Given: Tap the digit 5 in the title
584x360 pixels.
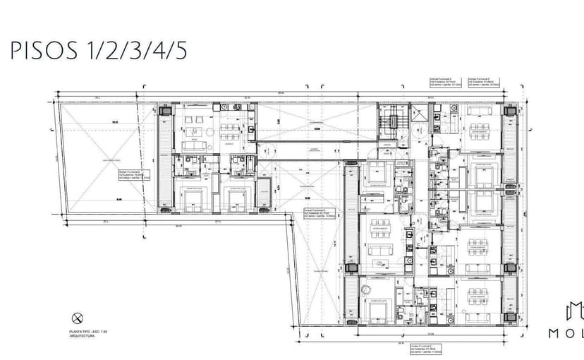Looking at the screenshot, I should (181, 52).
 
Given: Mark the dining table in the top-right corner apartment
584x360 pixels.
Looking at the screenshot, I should (480, 129).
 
